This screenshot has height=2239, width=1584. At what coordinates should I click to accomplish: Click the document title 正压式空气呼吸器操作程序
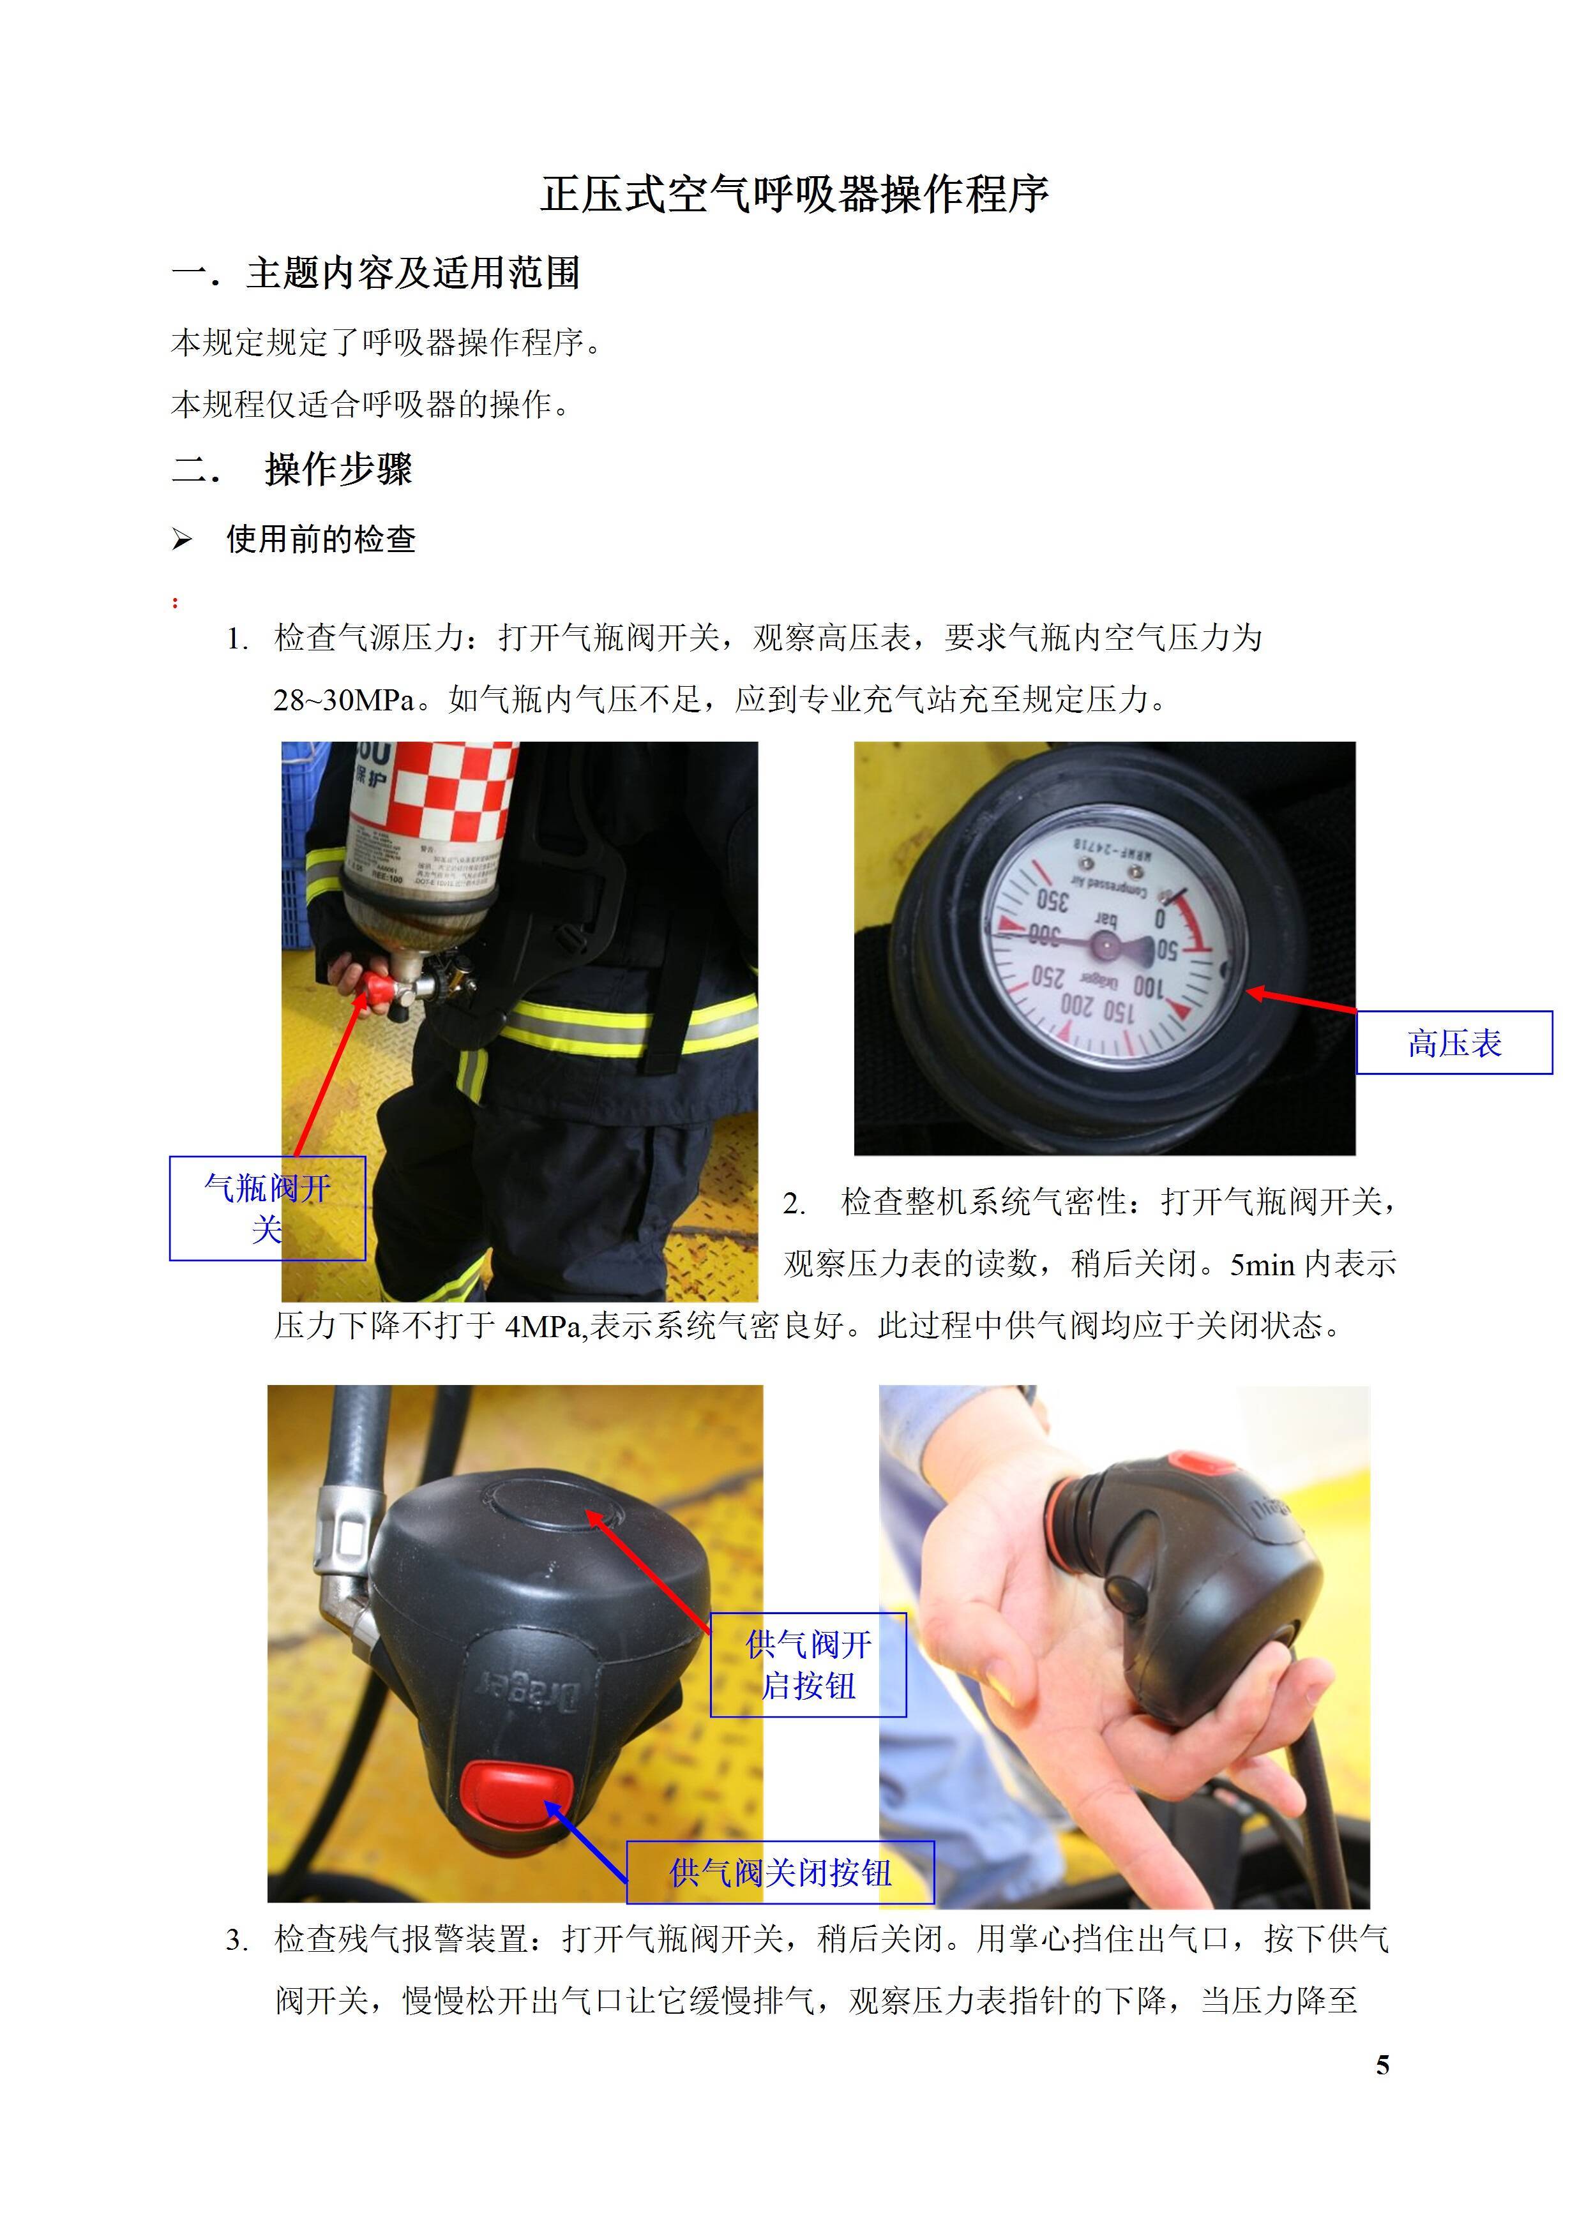(x=794, y=194)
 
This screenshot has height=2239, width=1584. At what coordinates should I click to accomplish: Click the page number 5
(x=1382, y=2065)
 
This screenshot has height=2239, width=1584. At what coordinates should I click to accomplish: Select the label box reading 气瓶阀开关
(x=268, y=1208)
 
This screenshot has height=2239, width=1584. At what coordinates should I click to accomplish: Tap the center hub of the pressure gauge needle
(x=1106, y=943)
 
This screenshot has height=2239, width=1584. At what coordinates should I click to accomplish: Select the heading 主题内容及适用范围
(x=414, y=273)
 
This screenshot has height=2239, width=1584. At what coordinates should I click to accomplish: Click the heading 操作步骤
(x=338, y=469)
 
